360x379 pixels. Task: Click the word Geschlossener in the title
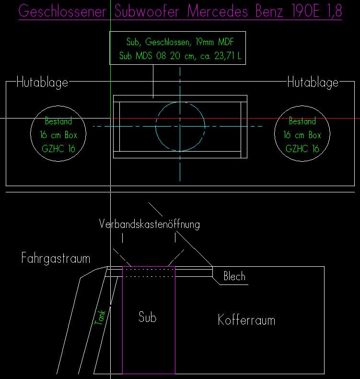(62, 12)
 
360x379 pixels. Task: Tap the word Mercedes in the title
(218, 11)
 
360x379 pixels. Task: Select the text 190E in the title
(305, 11)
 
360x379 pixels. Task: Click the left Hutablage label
(43, 83)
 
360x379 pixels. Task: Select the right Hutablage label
(313, 83)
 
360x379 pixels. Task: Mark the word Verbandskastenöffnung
(150, 224)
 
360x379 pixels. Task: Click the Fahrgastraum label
(56, 258)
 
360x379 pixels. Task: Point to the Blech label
(234, 276)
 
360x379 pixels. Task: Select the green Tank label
(100, 318)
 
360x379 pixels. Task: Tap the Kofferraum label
(246, 320)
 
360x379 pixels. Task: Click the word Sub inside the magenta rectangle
(148, 317)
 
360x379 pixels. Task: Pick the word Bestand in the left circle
(58, 121)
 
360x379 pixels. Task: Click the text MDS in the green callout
(144, 56)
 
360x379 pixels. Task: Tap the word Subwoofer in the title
(147, 11)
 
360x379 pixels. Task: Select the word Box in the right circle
(314, 135)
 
